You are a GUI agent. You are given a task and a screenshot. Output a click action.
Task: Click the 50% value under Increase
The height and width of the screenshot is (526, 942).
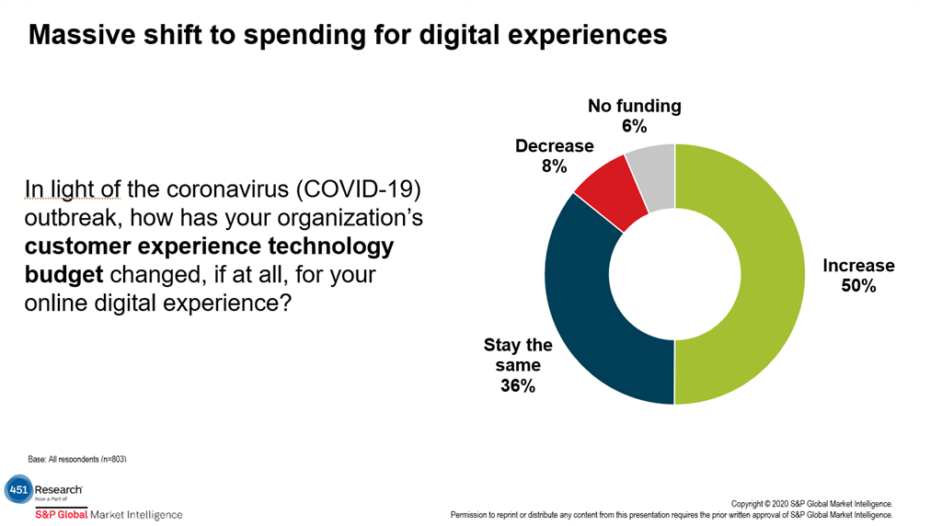857,286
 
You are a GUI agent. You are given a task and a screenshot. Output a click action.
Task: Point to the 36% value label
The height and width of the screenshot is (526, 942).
518,386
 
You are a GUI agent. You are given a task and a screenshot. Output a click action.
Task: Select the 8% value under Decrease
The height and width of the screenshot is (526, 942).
554,166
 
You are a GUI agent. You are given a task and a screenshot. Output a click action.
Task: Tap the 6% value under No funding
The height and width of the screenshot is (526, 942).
635,126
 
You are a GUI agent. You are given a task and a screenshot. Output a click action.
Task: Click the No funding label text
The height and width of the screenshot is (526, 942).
635,106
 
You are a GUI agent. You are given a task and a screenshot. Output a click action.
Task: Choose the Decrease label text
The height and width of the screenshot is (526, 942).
554,146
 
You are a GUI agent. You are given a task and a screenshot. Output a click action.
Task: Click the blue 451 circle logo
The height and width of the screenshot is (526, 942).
17,489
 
